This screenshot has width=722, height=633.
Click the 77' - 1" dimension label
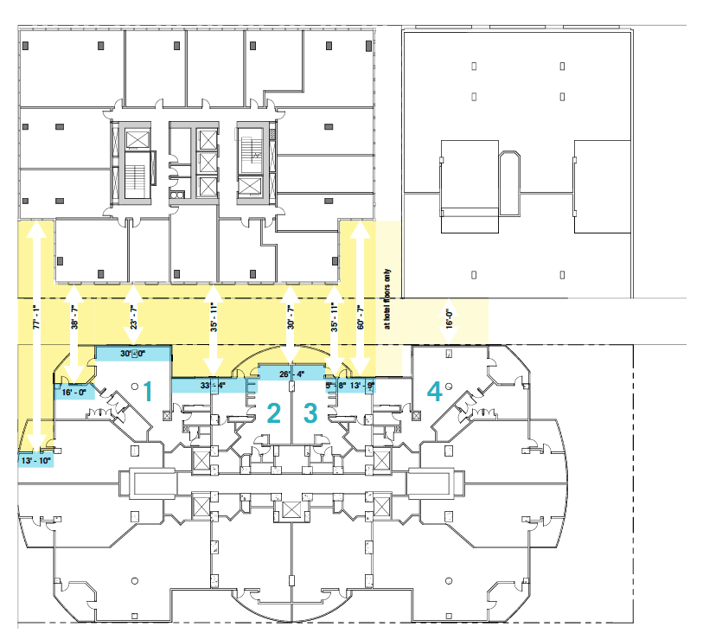coord(36,317)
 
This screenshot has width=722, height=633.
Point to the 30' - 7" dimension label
coord(291,318)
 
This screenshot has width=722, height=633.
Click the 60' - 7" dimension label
coord(360,318)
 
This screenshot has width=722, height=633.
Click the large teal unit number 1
coord(148,393)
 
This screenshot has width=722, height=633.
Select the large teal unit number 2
coord(274,413)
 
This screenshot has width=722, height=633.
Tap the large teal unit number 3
coord(310,413)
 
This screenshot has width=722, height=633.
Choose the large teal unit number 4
coord(434,393)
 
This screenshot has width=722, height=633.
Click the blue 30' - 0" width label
coord(133,353)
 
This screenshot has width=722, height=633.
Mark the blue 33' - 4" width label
coord(213,385)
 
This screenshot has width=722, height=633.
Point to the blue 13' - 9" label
coord(361,386)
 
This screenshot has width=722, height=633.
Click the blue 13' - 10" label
coord(36,459)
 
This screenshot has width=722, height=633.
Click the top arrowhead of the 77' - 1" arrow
coord(36,227)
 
